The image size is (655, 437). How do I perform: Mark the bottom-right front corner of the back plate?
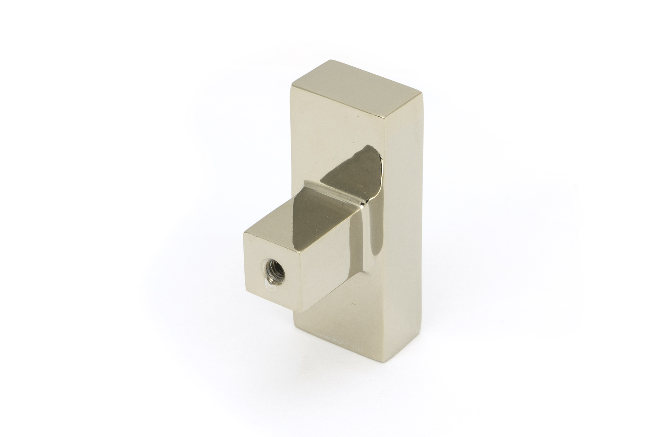[391, 361]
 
